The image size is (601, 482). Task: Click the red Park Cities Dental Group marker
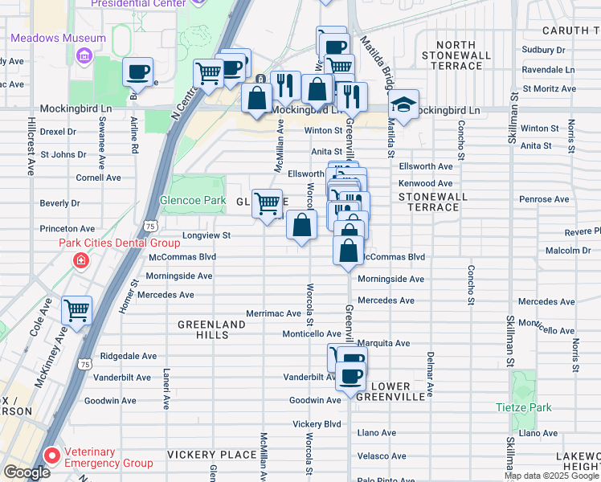coord(80,260)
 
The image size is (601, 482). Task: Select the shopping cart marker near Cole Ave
coord(76,309)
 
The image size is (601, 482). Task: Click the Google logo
coord(26,472)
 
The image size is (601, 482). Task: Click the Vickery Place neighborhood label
coord(211,455)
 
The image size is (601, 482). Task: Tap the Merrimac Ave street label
coord(273,313)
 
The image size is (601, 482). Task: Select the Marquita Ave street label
coord(384,343)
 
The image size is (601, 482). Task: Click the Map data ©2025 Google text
coord(551,476)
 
